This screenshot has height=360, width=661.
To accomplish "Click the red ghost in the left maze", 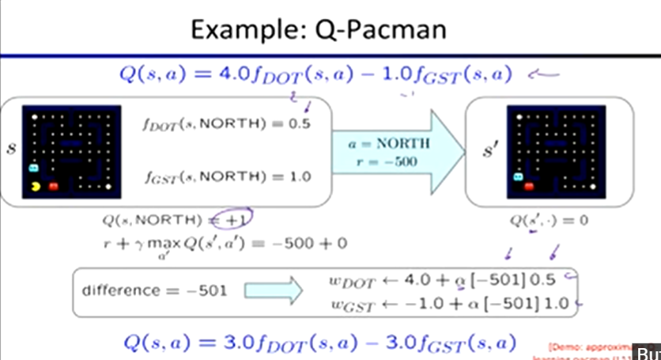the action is (54, 186).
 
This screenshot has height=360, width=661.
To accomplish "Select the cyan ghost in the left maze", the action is (33, 168).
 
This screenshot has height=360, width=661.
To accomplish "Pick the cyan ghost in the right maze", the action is (518, 177).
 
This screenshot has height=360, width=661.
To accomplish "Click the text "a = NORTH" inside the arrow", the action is (389, 144).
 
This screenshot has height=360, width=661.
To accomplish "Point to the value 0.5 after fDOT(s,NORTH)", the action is (300, 124).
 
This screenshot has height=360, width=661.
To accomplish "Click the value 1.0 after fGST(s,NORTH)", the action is (300, 176).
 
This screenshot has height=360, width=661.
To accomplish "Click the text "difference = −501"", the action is (153, 290).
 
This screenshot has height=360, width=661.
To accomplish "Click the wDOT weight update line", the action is (442, 279).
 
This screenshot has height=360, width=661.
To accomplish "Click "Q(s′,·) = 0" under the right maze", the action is (549, 221).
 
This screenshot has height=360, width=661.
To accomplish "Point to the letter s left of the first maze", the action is (11, 148).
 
